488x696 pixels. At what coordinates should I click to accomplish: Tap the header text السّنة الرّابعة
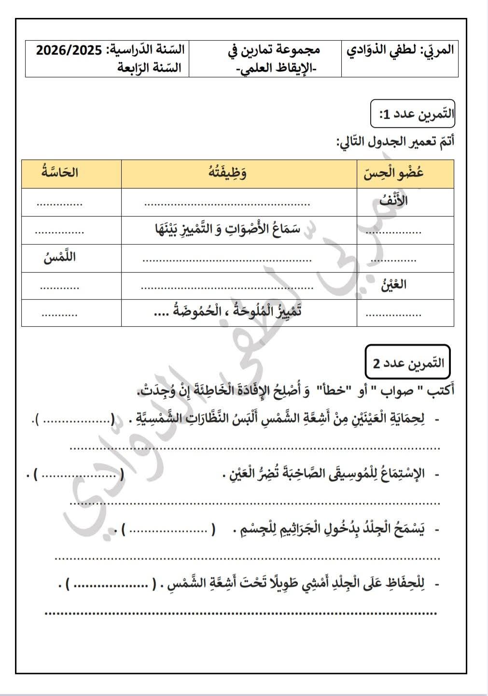(150, 68)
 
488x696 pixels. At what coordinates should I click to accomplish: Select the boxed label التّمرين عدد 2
(408, 362)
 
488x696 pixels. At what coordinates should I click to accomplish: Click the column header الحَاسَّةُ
(60, 173)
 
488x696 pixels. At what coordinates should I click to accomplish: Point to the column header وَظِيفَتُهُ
(227, 173)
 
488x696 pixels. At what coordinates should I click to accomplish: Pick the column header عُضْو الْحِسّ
(393, 173)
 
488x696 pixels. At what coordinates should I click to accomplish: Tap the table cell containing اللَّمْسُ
(59, 258)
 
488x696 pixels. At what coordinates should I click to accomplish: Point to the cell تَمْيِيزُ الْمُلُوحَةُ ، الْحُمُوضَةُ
(227, 311)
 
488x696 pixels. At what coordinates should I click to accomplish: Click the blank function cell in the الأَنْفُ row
(227, 203)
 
